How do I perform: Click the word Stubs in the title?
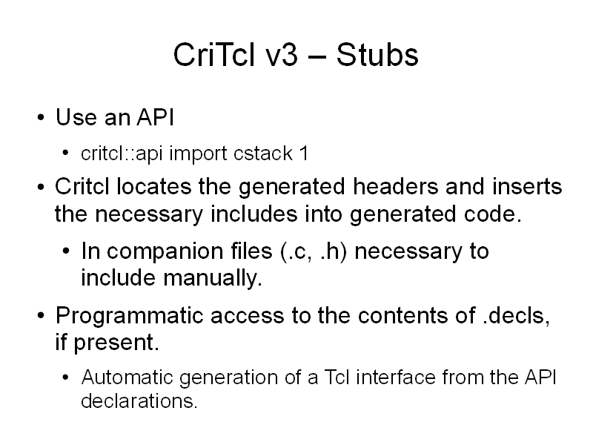point(377,55)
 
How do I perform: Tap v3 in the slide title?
point(282,55)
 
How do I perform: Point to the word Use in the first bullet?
point(77,117)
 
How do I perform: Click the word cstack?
point(263,154)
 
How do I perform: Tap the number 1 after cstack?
point(304,154)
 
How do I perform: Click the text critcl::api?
point(122,154)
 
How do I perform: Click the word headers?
point(395,187)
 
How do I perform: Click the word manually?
point(213,279)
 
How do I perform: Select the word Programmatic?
point(129,317)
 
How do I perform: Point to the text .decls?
point(516,316)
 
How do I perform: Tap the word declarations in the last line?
point(139,400)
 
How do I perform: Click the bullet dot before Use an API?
point(41,118)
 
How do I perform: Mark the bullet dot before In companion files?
point(66,251)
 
